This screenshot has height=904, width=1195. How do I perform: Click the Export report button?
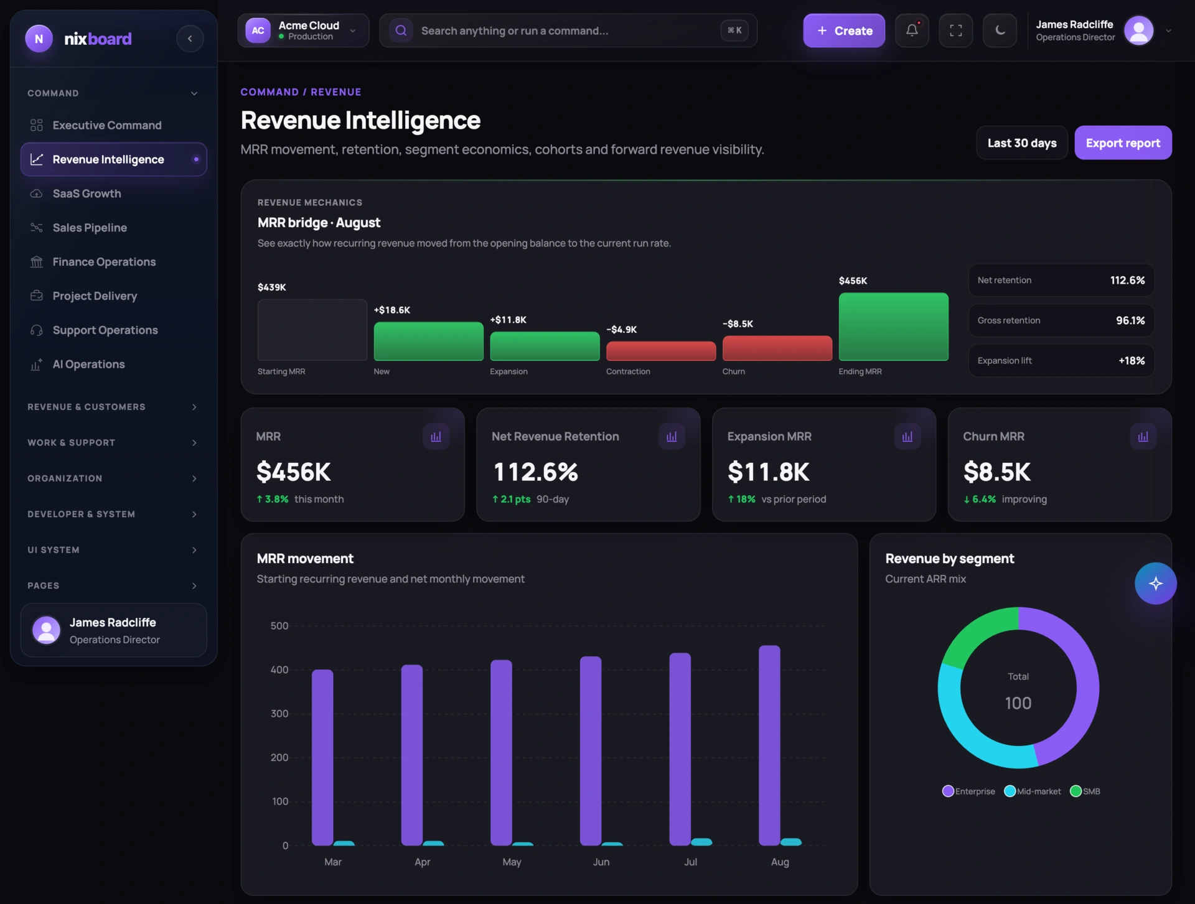click(x=1123, y=143)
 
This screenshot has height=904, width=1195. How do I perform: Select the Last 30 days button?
click(x=1022, y=143)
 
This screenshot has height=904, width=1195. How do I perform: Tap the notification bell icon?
click(x=912, y=30)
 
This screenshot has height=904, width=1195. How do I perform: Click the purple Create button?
click(x=844, y=30)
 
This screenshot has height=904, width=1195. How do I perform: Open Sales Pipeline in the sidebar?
click(x=90, y=228)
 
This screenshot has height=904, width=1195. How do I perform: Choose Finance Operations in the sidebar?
click(x=104, y=262)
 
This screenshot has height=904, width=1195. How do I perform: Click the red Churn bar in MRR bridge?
click(x=777, y=348)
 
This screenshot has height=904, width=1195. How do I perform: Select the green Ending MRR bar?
click(x=894, y=327)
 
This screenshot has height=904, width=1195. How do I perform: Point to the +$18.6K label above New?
click(x=392, y=310)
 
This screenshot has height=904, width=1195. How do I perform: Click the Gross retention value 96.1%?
click(x=1130, y=320)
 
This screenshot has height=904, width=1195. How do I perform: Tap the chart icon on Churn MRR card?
click(x=1143, y=437)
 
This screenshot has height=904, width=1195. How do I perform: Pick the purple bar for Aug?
click(x=769, y=745)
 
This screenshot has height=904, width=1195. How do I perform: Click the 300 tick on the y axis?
click(x=279, y=714)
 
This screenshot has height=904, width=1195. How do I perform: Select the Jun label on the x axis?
click(x=601, y=862)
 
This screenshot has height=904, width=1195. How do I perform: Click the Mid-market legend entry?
click(x=1033, y=791)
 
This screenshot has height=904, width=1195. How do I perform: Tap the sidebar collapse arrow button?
click(x=190, y=39)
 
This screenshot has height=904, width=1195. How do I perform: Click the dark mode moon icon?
click(x=1000, y=30)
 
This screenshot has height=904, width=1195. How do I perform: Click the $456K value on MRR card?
click(x=294, y=472)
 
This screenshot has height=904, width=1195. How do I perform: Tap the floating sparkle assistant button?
click(x=1155, y=584)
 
